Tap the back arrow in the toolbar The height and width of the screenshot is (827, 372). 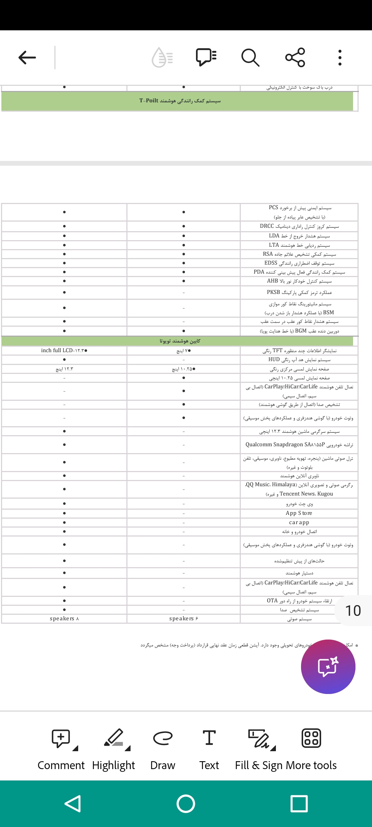tap(27, 58)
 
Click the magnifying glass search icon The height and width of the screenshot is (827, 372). tap(250, 58)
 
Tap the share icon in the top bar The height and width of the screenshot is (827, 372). tap(295, 57)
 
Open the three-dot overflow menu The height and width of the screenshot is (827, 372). tap(340, 58)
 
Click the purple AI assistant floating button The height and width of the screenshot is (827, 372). tap(328, 666)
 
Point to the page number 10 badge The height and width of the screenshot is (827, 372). tap(353, 611)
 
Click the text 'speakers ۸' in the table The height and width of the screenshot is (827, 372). tap(64, 619)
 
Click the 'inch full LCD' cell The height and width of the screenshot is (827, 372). tap(64, 350)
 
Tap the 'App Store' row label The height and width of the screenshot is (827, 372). tap(299, 513)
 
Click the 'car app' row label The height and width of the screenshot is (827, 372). tap(299, 522)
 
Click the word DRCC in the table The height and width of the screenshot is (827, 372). tap(267, 226)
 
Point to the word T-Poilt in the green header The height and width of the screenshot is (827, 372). tap(149, 101)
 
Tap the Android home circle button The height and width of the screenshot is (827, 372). tap(186, 804)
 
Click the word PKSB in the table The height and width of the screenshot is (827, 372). tap(273, 292)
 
